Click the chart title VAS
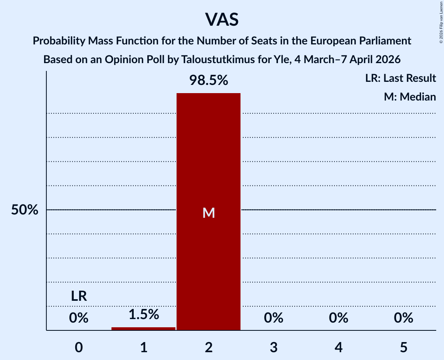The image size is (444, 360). [x=222, y=19]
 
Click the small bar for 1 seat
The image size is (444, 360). [x=143, y=328]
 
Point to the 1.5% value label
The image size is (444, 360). [x=143, y=314]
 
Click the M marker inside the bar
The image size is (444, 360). [x=209, y=213]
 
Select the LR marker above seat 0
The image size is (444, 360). [x=79, y=296]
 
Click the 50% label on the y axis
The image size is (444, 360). [x=25, y=210]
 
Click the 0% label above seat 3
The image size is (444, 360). [x=273, y=318]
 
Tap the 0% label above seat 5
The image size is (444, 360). [x=403, y=318]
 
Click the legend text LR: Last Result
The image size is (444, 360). [x=400, y=78]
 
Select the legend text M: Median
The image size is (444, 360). [x=410, y=97]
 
